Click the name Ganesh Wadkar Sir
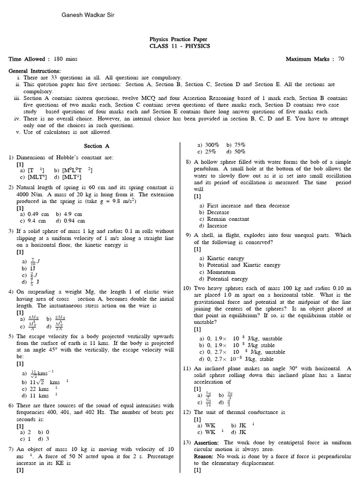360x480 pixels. [x=88, y=15]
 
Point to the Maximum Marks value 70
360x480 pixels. [x=341, y=59]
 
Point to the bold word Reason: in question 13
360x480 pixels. [x=206, y=456]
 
